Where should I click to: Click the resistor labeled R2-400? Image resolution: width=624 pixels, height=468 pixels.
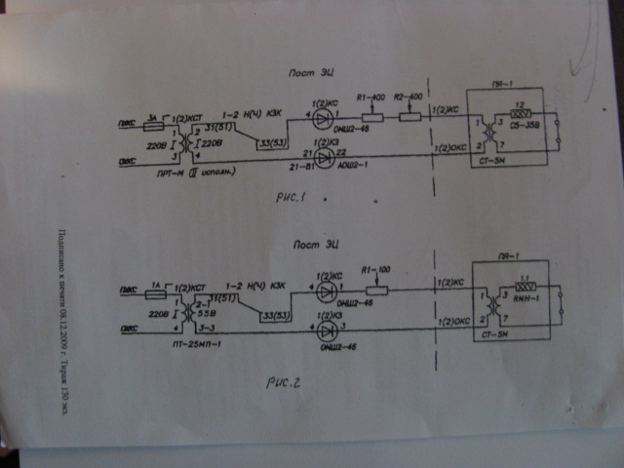[410, 119]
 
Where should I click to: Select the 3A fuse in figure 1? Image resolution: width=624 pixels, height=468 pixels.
[153, 127]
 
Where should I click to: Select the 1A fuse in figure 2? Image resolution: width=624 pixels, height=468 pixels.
[152, 291]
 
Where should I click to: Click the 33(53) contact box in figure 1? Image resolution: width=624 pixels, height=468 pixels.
[271, 145]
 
